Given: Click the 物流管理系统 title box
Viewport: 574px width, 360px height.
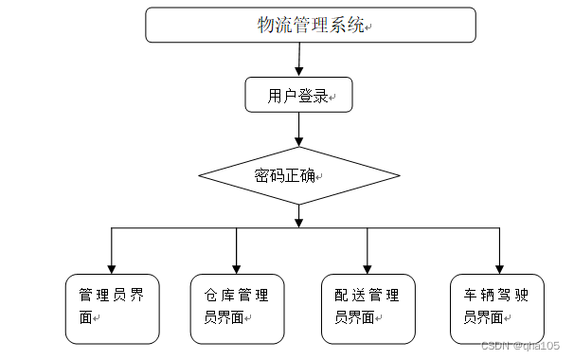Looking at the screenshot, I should pos(310,25).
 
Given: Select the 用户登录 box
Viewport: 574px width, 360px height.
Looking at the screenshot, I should pos(298,95).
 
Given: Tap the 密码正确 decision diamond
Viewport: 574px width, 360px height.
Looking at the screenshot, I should pos(299,176).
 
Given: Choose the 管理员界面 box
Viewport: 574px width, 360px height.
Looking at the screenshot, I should pos(112,307).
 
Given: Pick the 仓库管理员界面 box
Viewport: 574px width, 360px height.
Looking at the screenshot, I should pos(236,307).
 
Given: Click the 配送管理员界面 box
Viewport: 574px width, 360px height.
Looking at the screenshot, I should pos(368,307).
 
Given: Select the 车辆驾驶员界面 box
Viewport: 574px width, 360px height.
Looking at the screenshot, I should pos(498,307).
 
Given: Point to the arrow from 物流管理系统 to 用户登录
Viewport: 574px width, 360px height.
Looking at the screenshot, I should pos(299,60).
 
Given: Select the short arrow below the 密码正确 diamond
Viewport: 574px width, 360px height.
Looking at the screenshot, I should pos(299,217).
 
